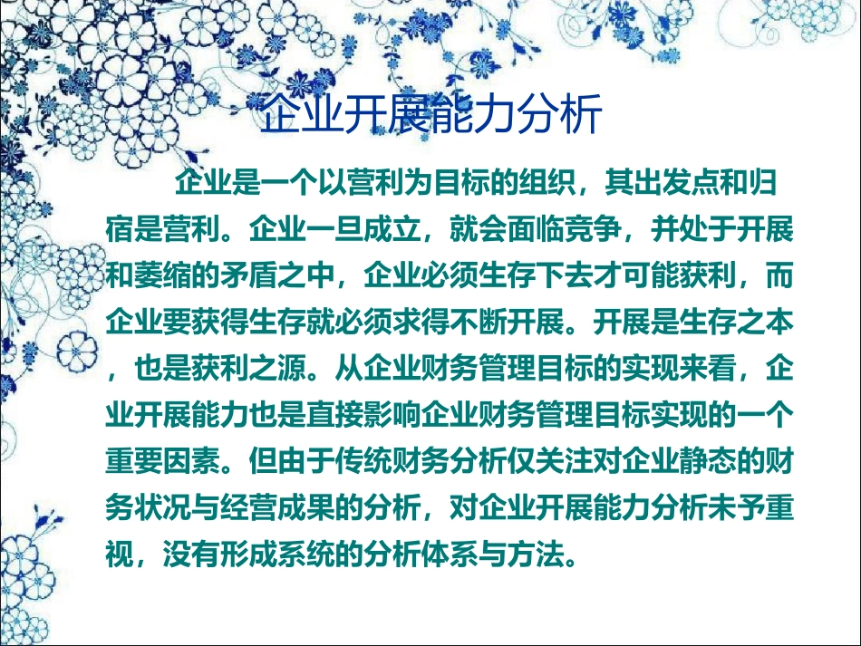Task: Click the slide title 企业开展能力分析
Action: (430, 117)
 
